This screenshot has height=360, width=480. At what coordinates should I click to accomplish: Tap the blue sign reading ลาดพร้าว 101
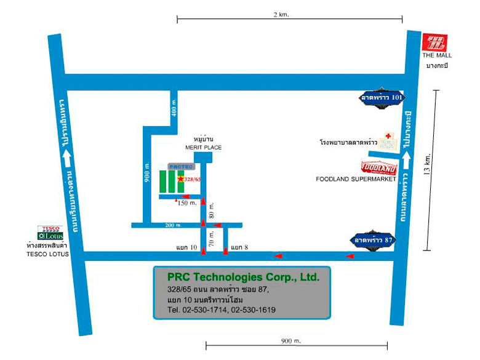coord(382,97)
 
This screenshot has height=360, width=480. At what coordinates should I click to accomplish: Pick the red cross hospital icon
coord(388,136)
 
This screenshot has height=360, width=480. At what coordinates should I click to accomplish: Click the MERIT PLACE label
coord(203,148)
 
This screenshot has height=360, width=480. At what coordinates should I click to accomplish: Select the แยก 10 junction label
coord(186,248)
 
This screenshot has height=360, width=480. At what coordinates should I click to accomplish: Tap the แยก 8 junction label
coord(241,248)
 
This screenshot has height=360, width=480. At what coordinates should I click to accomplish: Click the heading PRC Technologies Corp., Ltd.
coord(243,277)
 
